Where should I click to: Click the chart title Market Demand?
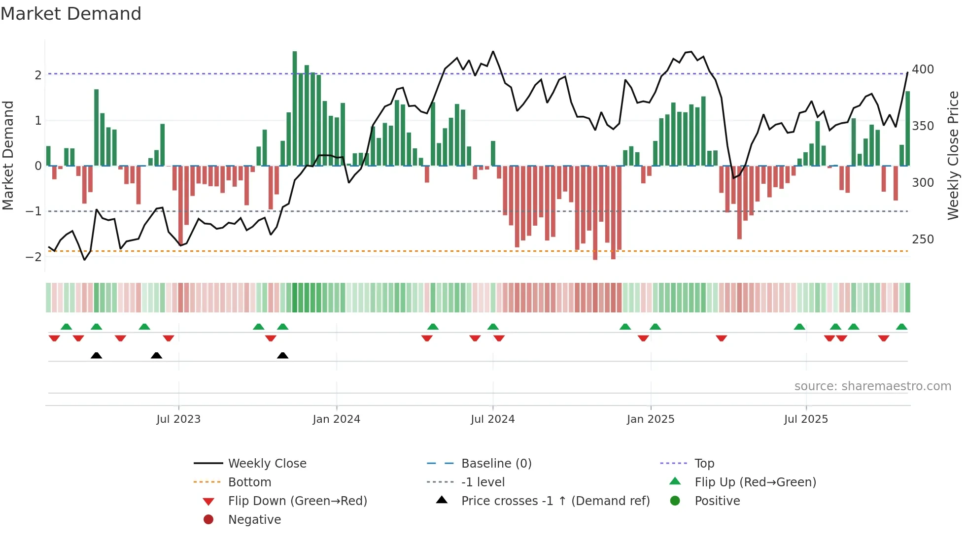pyautogui.click(x=71, y=14)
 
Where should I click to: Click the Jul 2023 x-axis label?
pyautogui.click(x=178, y=419)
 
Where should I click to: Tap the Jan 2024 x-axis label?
pyautogui.click(x=336, y=419)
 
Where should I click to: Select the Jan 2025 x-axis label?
pyautogui.click(x=650, y=419)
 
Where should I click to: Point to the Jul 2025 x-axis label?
pyautogui.click(x=806, y=419)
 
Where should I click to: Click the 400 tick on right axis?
pyautogui.click(x=923, y=69)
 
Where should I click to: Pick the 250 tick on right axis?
pyautogui.click(x=923, y=239)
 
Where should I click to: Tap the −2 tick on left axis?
pyautogui.click(x=34, y=257)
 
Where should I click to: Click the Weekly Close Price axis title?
pyautogui.click(x=953, y=155)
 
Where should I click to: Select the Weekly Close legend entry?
pyautogui.click(x=267, y=464)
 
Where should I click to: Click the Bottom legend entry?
pyautogui.click(x=249, y=482)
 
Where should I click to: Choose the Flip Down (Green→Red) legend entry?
pyautogui.click(x=297, y=501)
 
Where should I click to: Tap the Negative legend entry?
pyautogui.click(x=254, y=520)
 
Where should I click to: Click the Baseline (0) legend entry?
pyautogui.click(x=496, y=464)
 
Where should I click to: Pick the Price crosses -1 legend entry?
pyautogui.click(x=555, y=501)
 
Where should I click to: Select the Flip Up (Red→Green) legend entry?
pyautogui.click(x=755, y=482)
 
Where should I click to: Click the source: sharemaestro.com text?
pyautogui.click(x=872, y=386)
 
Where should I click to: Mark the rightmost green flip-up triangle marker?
pyautogui.click(x=901, y=327)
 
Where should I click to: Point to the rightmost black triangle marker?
pyautogui.click(x=282, y=355)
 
